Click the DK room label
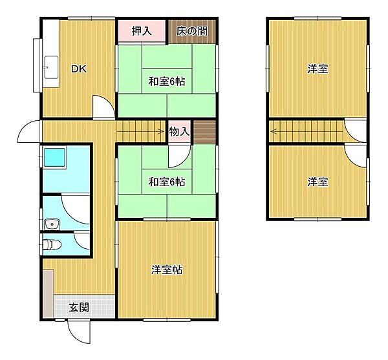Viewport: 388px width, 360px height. click(79, 69)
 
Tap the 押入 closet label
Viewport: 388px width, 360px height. click(142, 31)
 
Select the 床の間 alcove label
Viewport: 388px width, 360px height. click(192, 31)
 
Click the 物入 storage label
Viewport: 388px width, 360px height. click(179, 132)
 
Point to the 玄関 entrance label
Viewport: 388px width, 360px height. click(79, 308)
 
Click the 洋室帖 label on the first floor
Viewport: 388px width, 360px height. click(167, 270)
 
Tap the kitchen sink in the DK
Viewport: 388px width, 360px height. click(51, 67)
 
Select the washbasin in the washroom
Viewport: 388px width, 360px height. click(52, 224)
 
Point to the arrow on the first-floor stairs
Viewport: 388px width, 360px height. click(140, 132)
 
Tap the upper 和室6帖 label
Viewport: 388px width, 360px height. click(167, 81)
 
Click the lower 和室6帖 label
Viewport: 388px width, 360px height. click(167, 182)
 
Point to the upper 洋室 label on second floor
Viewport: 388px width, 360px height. click(318, 69)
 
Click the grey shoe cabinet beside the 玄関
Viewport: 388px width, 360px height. click(48, 293)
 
